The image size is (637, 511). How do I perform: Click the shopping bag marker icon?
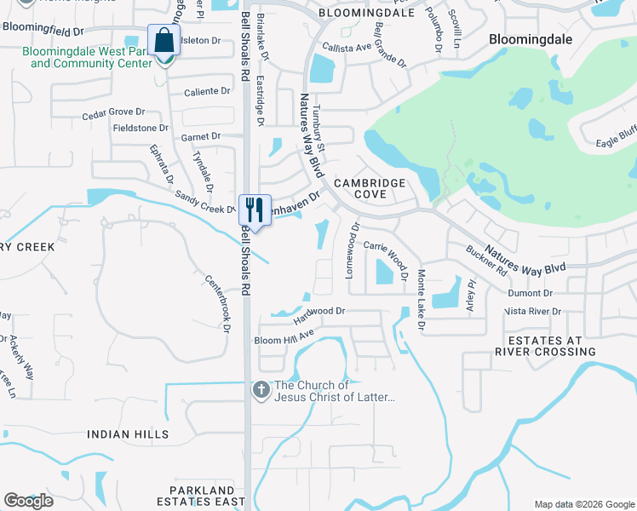163,40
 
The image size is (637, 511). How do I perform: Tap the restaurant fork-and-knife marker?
255,208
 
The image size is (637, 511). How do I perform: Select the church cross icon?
261,390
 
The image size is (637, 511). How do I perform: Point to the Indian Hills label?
128,434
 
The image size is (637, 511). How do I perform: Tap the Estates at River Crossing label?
545,345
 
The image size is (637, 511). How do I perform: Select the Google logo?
28,501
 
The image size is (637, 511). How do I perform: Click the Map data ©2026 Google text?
583,504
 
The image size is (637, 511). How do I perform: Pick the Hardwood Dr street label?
319,314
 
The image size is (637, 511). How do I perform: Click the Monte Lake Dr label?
421,300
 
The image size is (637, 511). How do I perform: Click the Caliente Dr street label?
208,91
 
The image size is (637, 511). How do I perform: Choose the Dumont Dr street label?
531,292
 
